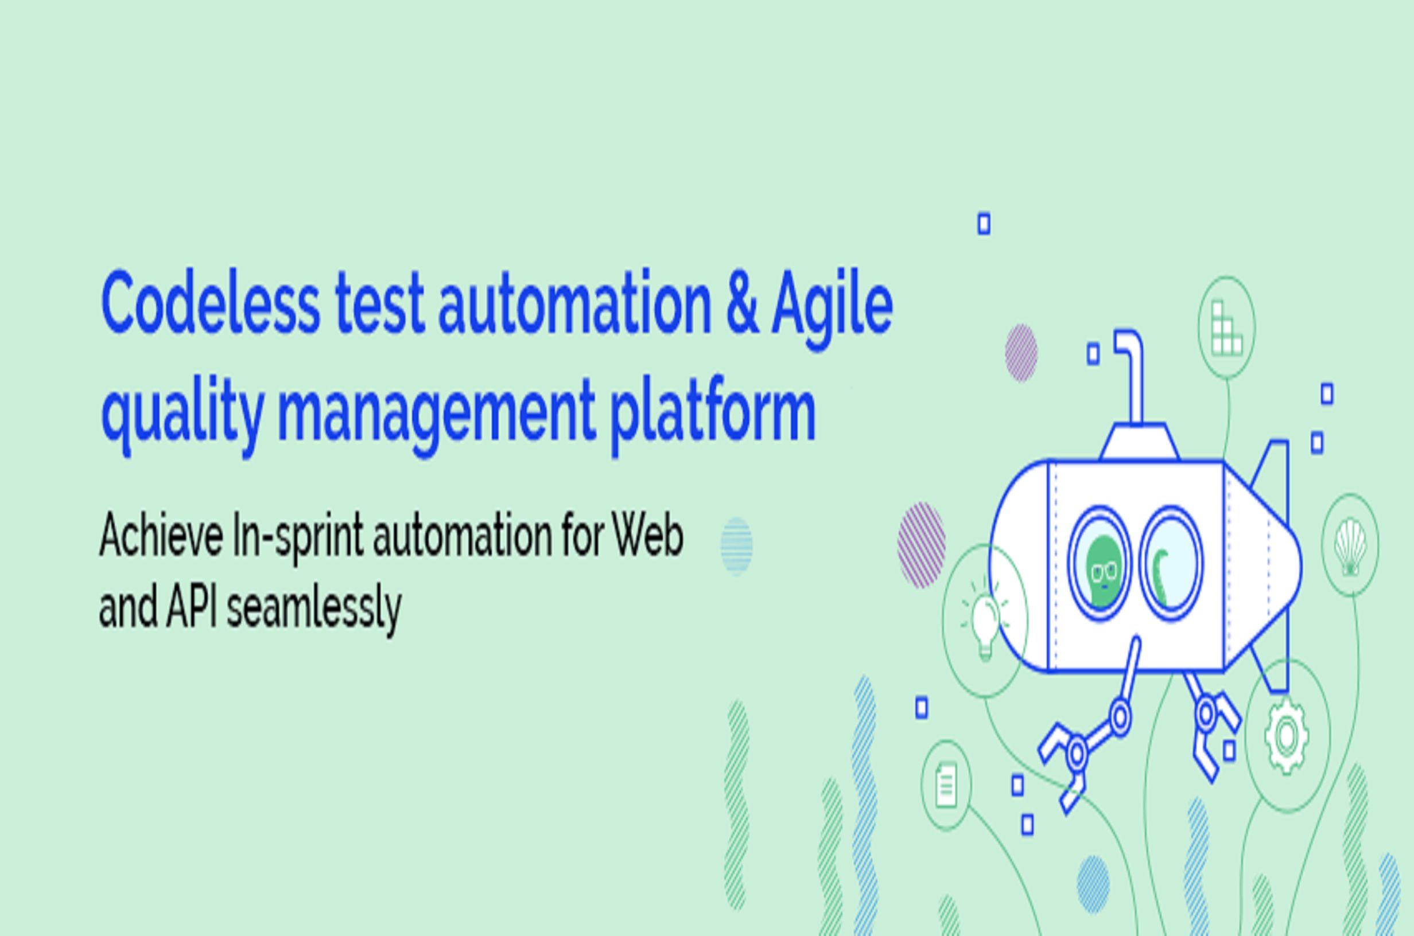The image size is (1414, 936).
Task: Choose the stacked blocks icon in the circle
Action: (1226, 327)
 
